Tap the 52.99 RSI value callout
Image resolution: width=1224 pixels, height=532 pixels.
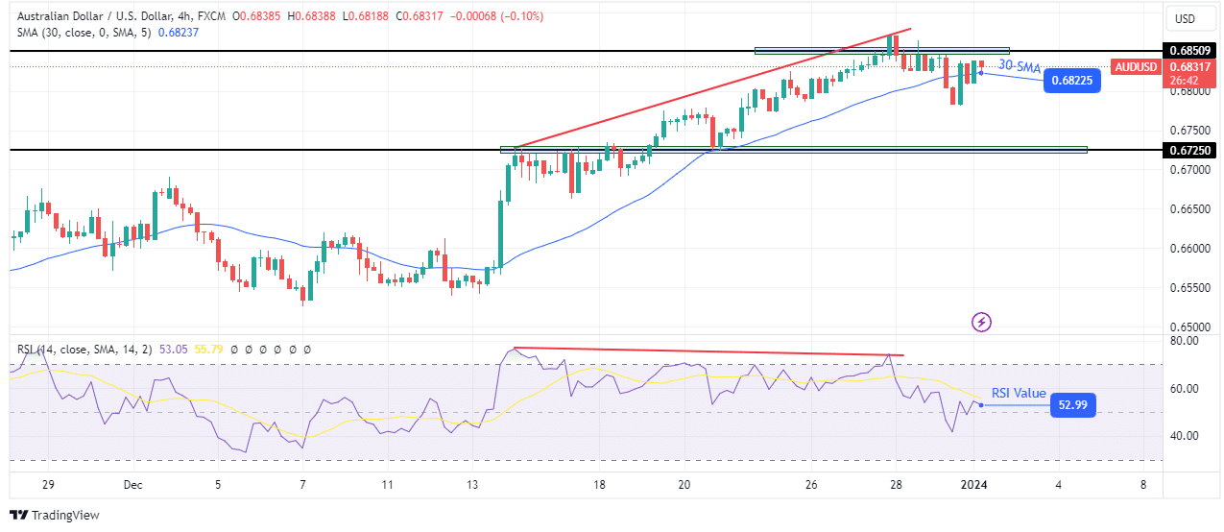click(x=1072, y=405)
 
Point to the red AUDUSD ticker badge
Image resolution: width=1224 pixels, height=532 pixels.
click(x=1136, y=67)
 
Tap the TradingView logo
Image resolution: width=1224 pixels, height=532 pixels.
click(x=55, y=516)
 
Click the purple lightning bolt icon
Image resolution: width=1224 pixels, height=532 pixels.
click(x=982, y=322)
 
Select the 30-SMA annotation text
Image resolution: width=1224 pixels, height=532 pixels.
click(x=1020, y=65)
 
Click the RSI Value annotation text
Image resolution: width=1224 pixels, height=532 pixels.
click(x=1018, y=393)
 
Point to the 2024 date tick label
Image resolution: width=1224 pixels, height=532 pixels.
click(x=975, y=486)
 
